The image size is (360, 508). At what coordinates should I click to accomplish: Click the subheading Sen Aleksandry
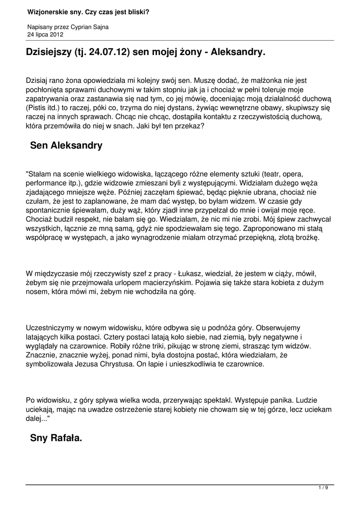pos(66,145)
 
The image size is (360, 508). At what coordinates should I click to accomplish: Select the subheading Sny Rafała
pos(56,438)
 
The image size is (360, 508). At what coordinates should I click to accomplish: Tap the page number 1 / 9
pos(323,488)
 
